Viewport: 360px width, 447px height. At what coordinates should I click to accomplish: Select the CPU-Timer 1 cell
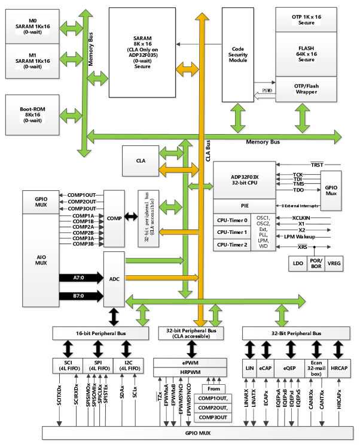(x=232, y=232)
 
